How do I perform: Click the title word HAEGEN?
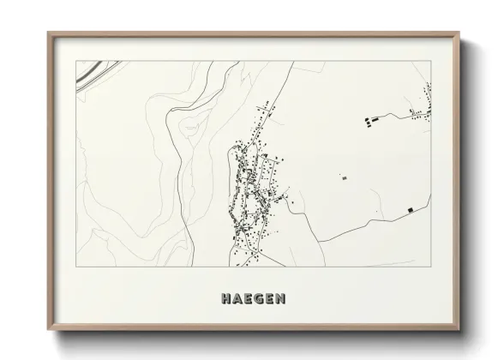(x=253, y=299)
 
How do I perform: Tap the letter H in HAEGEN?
(x=225, y=299)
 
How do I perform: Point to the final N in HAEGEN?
(x=281, y=299)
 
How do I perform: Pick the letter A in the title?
(x=237, y=299)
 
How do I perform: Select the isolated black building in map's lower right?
(x=410, y=209)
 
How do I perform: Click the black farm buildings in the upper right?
(x=369, y=121)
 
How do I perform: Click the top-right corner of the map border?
(x=430, y=61)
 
